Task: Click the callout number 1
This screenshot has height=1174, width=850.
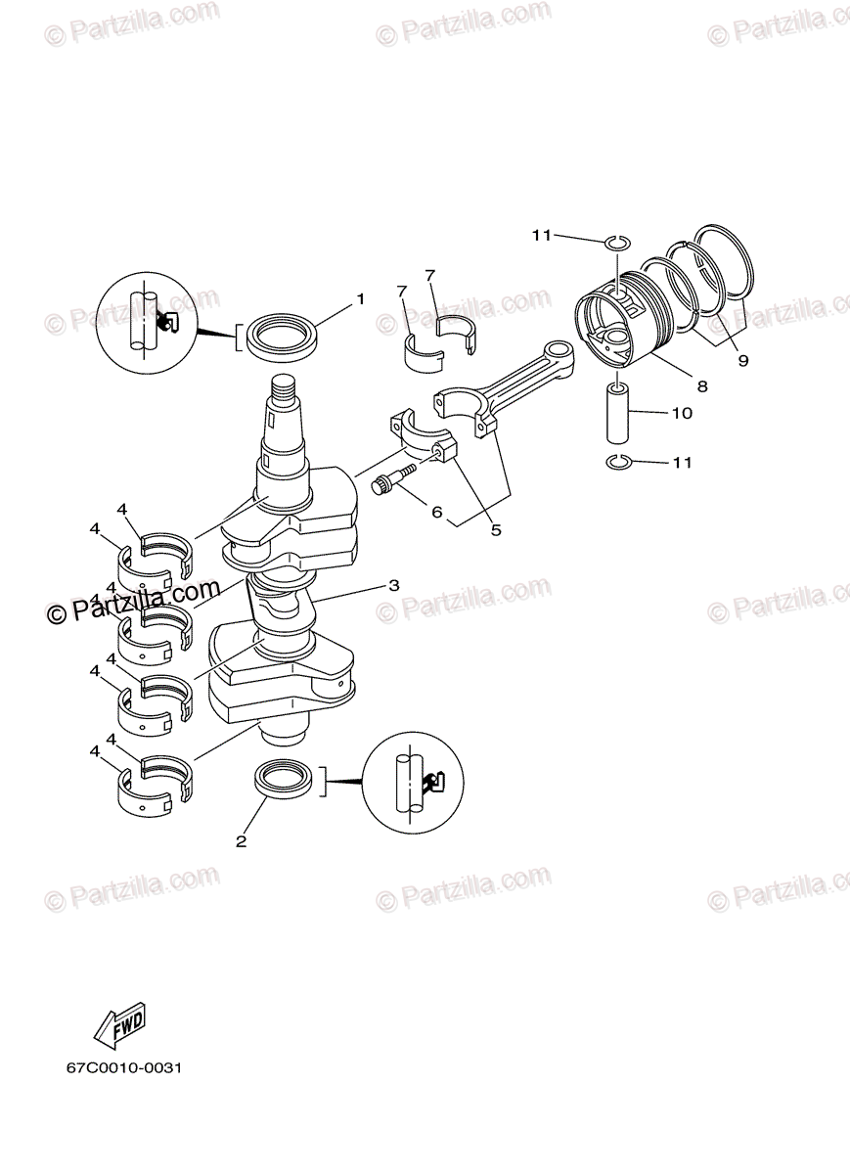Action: (x=360, y=298)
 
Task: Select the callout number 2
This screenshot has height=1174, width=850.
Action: (x=242, y=840)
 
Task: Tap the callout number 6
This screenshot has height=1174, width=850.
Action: (x=436, y=512)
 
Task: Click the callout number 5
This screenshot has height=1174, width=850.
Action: (x=496, y=530)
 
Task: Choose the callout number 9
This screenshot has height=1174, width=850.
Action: (x=742, y=361)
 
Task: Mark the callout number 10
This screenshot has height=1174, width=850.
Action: (x=682, y=413)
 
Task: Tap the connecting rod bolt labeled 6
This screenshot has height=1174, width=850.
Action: (x=392, y=481)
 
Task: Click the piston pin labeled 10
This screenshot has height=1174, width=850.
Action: (x=619, y=414)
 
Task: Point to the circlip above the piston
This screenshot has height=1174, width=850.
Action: (x=616, y=242)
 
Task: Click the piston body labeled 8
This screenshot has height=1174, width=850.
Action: (x=624, y=323)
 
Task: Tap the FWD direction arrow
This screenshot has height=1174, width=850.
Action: (x=119, y=1024)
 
